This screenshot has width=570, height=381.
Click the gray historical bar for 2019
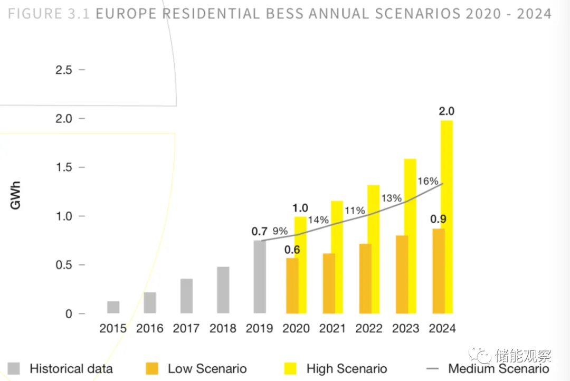260,277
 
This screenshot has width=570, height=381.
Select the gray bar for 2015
113,307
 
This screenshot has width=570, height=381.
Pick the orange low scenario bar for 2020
292,285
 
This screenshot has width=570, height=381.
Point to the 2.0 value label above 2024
446,111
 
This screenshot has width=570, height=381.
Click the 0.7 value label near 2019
260,231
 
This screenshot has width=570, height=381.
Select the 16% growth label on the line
428,181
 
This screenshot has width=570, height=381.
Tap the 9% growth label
280,231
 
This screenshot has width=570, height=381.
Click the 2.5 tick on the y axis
64,70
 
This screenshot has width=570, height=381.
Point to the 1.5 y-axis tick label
64,167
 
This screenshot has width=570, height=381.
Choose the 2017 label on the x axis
186,328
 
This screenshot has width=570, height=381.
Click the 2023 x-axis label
406,328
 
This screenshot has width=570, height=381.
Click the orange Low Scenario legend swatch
152,368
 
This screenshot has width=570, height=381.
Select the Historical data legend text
71,368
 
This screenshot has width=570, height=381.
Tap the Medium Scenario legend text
499,368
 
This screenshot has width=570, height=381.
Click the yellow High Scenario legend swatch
291,368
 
